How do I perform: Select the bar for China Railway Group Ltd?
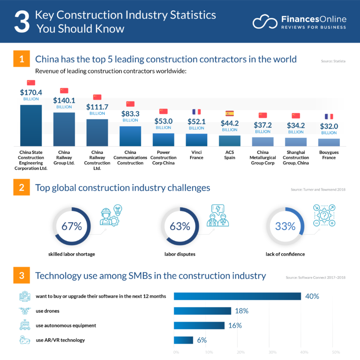64,129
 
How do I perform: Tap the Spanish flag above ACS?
230,113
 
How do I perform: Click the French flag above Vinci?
196,112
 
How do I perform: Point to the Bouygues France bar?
329,142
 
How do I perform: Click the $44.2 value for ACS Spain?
230,123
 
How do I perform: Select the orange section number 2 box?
22,188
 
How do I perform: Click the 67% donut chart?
71,226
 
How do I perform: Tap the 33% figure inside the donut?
285,226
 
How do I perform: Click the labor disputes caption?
180,254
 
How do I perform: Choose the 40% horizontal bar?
237,296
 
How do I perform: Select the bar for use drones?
202,311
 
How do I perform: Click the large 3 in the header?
22,22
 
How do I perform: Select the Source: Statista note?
333,61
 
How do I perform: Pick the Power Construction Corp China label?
163,157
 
